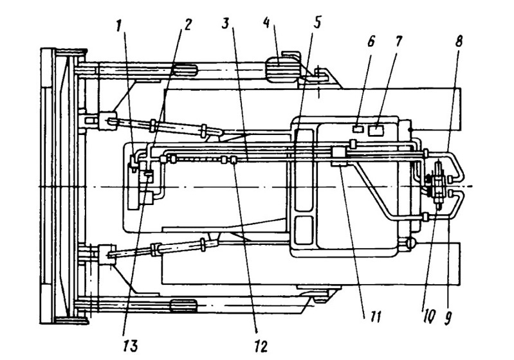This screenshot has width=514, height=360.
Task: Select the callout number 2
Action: (x=187, y=24)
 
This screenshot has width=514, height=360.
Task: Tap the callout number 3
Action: (x=226, y=23)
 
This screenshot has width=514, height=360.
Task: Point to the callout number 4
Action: (x=267, y=23)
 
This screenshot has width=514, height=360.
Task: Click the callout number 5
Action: (x=317, y=23)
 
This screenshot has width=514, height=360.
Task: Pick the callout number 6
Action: (x=371, y=42)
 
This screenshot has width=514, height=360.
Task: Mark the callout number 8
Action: (x=458, y=42)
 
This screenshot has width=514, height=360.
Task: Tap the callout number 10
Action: (x=429, y=316)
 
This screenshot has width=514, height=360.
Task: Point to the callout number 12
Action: (x=261, y=346)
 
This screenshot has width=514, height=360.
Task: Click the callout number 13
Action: (x=130, y=346)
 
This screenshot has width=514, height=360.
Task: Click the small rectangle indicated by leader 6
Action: (x=358, y=129)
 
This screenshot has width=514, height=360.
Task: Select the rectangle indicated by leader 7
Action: (x=376, y=130)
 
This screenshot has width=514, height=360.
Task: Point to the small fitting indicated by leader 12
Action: (x=234, y=160)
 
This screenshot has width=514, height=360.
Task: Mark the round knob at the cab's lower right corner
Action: (x=410, y=243)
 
